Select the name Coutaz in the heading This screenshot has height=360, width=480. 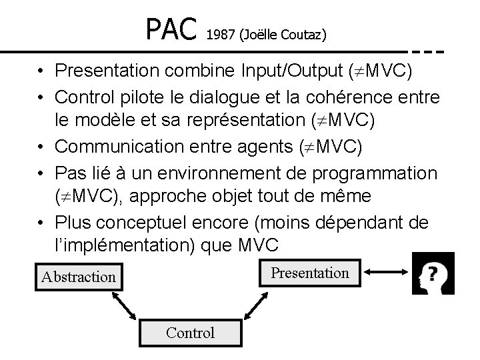pyautogui.click(x=304, y=34)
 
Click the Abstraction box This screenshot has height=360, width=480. pyautogui.click(x=79, y=276)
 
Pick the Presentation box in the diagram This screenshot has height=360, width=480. pyautogui.click(x=309, y=273)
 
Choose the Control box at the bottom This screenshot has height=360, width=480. pyautogui.click(x=191, y=333)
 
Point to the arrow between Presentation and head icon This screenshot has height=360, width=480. pyautogui.click(x=384, y=271)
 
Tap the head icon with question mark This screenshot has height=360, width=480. pyautogui.click(x=433, y=273)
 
